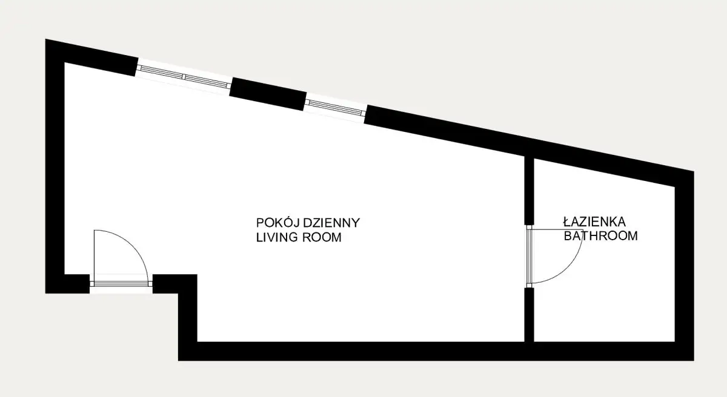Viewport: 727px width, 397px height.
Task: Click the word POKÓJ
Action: [x=278, y=223]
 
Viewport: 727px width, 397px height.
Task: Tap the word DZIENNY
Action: [x=331, y=223]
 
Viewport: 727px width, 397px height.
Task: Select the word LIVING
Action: [x=277, y=238]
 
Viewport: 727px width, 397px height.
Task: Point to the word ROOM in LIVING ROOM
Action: [x=322, y=238]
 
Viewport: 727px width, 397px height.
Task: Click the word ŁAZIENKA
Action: [x=594, y=221]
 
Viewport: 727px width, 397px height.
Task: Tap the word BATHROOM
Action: [x=601, y=236]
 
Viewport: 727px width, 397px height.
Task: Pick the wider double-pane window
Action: [x=184, y=77]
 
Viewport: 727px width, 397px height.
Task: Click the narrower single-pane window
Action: [x=335, y=108]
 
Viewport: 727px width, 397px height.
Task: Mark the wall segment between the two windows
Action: [x=268, y=94]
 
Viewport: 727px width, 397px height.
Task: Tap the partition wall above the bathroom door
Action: [x=529, y=190]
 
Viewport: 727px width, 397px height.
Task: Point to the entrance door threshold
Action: [x=121, y=284]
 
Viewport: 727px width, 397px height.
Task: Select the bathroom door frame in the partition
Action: [x=529, y=257]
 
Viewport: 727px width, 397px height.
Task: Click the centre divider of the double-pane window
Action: [x=184, y=77]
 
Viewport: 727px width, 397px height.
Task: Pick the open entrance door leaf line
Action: [x=94, y=255]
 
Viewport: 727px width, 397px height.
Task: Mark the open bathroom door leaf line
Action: [x=556, y=229]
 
